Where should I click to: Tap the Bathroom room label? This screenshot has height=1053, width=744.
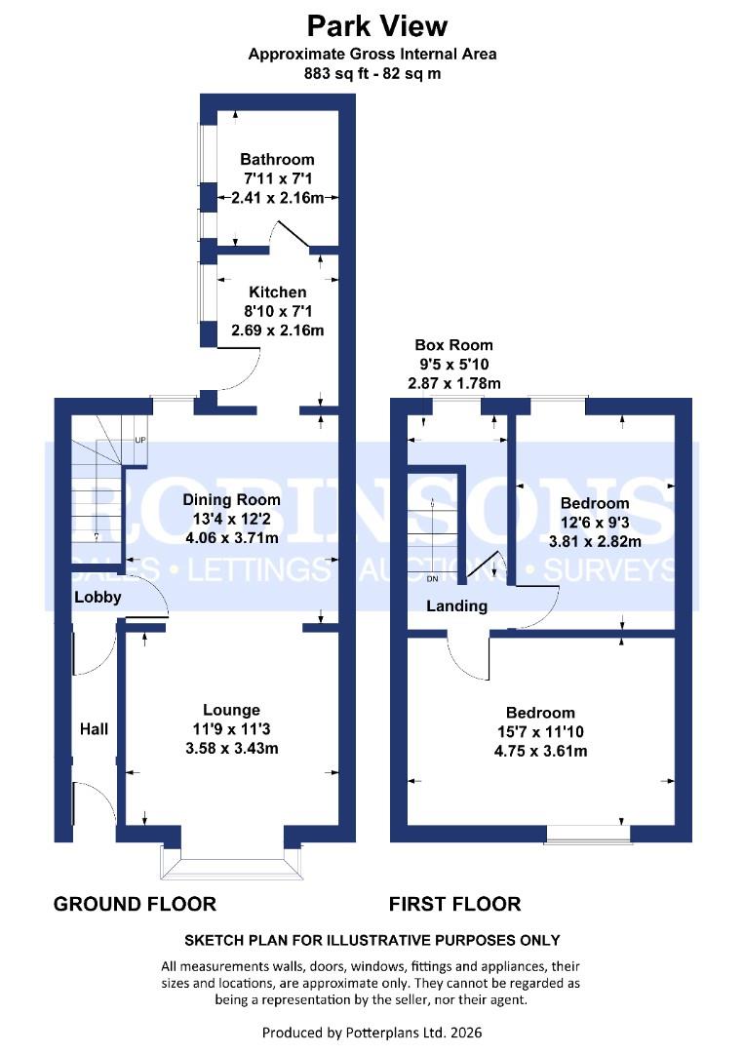(277, 160)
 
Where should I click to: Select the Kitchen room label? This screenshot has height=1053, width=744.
(277, 292)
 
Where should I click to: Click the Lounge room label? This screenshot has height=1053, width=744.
(231, 710)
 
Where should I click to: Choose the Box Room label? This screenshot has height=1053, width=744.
(453, 345)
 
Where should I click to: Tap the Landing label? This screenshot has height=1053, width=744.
(456, 605)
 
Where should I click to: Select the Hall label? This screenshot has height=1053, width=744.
(94, 728)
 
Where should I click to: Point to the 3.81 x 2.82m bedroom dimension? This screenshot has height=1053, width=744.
(594, 542)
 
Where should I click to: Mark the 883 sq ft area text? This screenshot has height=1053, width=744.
(372, 74)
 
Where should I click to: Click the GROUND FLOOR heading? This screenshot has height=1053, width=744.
(135, 904)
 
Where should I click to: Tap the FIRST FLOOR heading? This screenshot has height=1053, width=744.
(454, 904)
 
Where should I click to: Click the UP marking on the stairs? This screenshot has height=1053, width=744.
(139, 440)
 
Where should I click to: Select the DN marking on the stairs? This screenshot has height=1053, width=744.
(433, 579)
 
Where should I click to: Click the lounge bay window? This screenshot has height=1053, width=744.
(231, 861)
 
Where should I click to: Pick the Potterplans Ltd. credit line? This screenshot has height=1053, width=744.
(372, 1032)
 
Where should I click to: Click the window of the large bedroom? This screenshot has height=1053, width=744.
(587, 835)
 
